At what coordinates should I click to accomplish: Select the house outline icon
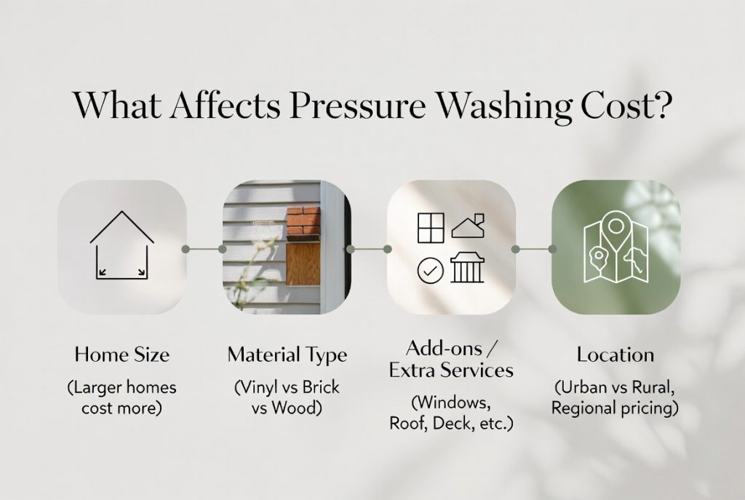[122, 245]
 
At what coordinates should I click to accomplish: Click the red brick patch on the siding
[303, 223]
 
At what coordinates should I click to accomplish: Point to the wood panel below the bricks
[303, 263]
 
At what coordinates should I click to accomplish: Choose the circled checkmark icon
[430, 270]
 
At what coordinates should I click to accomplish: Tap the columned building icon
[467, 268]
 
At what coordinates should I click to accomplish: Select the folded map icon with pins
[615, 248]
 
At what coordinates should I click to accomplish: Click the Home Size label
[121, 355]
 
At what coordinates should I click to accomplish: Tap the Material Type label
[287, 355]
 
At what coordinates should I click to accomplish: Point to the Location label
[615, 355]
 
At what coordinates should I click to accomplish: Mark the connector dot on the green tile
[552, 249]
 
